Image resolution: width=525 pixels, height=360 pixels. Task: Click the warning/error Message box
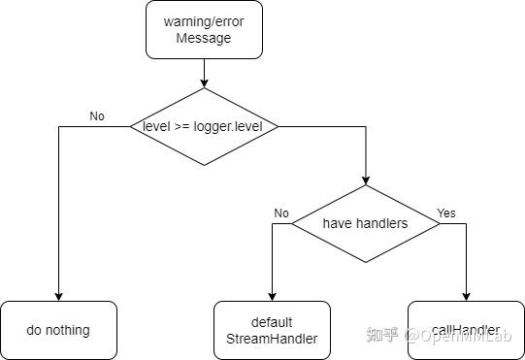pos(204,29)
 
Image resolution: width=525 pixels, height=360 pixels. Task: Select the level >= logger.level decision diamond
pos(204,126)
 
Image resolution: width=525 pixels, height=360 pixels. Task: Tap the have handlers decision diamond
pos(366,223)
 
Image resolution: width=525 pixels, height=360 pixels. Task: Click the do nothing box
pos(58,330)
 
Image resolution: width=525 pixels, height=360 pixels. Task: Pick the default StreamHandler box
pos(272,330)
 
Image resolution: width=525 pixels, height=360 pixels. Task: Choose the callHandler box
pos(466,330)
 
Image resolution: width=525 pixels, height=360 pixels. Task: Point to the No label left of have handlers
pos(281,213)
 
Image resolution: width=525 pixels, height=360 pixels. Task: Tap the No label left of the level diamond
pos(97,116)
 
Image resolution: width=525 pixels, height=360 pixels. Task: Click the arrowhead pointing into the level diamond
pos(204,83)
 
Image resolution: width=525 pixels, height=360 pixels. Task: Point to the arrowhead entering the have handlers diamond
pos(366,180)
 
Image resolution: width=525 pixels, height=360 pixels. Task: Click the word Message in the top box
pos(204,38)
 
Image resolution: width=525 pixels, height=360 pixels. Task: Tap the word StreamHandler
pos(272,339)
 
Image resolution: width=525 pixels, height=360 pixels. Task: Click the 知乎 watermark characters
pos(381,336)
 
